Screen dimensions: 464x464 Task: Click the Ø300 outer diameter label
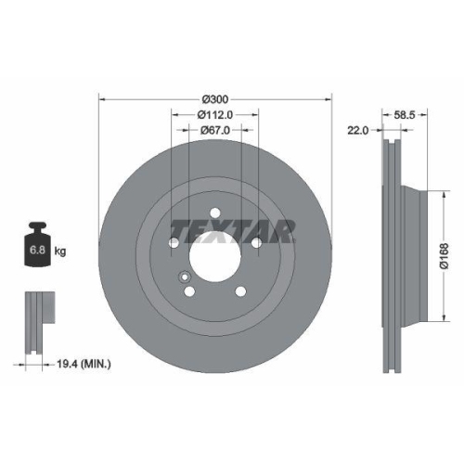(215, 97)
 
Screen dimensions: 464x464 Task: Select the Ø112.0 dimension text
(215, 114)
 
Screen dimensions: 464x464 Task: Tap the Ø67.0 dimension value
(215, 131)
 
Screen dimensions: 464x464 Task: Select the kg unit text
(61, 251)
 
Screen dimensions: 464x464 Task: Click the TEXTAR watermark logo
(232, 228)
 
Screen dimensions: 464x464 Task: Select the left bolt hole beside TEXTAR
(175, 243)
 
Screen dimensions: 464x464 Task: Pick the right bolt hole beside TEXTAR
(255, 243)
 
